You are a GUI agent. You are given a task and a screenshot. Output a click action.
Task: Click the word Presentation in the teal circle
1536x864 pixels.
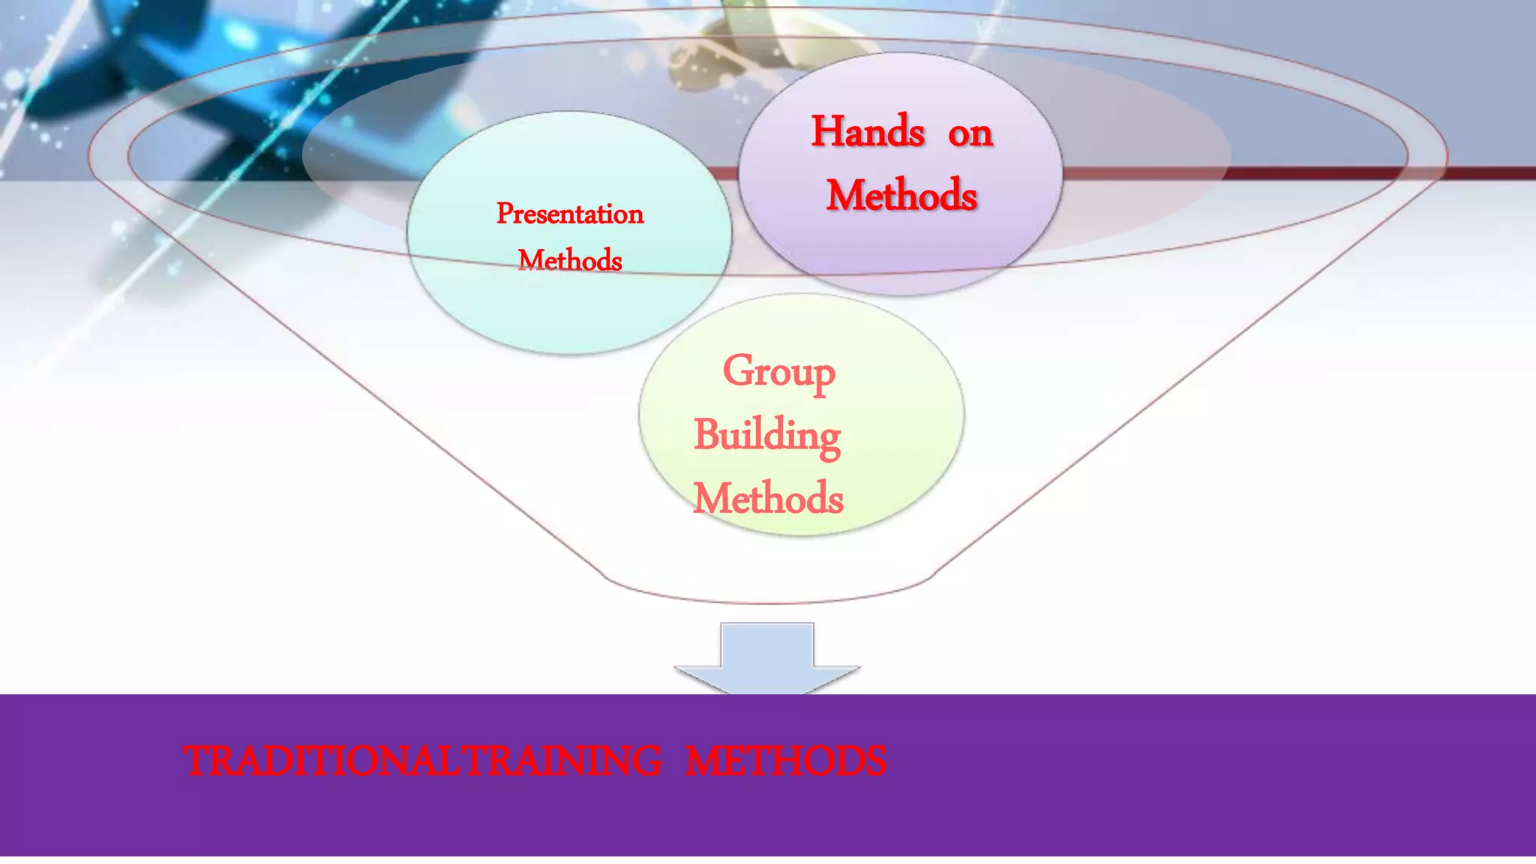click(x=569, y=214)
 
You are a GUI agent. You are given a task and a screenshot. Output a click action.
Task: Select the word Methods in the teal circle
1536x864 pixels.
click(x=569, y=260)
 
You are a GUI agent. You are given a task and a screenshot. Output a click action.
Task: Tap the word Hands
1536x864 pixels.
click(x=868, y=132)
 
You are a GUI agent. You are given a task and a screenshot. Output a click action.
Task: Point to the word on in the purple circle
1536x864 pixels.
click(x=970, y=134)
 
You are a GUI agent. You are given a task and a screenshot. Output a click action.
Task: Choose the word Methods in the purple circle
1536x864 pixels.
click(x=901, y=195)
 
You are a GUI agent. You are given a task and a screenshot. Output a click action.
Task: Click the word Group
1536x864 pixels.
click(x=778, y=372)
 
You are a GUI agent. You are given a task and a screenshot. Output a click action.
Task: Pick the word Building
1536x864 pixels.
click(x=766, y=436)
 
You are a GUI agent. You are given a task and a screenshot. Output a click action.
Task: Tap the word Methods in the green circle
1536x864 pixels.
click(x=768, y=498)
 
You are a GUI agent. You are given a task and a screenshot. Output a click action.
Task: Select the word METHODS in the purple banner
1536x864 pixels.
click(x=785, y=760)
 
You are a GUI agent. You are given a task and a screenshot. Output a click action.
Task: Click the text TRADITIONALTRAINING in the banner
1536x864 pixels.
click(x=422, y=760)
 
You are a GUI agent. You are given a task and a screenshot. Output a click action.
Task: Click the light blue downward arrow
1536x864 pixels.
click(x=767, y=656)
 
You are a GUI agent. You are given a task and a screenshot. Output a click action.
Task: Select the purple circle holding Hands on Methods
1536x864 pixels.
click(x=900, y=247)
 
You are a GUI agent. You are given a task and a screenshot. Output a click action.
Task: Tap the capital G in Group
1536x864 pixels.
click(x=737, y=370)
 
